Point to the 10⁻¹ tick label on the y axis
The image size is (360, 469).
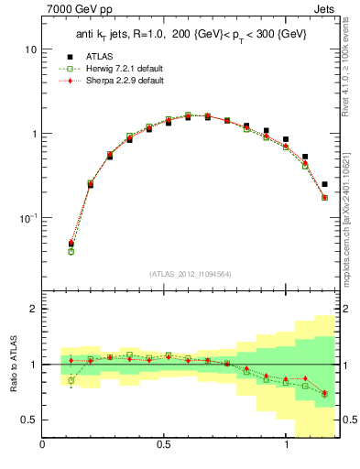click(x=27, y=218)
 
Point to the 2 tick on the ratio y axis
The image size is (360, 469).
click(x=33, y=309)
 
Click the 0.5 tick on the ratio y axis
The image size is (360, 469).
click(x=28, y=420)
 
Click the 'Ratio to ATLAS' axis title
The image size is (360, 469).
click(x=12, y=365)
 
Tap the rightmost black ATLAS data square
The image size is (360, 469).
click(x=324, y=184)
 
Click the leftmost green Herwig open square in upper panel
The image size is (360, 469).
click(x=71, y=251)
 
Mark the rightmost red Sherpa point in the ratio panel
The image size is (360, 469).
click(x=324, y=392)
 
